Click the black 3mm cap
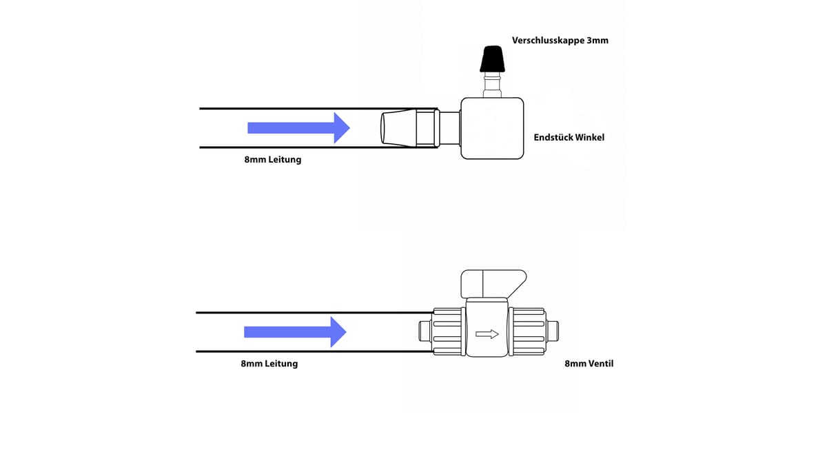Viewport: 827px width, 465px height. [492, 59]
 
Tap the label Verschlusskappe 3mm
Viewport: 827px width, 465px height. [560, 41]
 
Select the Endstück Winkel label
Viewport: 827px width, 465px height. [569, 138]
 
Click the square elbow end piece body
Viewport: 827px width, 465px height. [492, 128]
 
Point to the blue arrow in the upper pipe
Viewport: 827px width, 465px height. [298, 128]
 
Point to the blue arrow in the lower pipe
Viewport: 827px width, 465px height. [295, 332]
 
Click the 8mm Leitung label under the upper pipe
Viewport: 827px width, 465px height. [273, 160]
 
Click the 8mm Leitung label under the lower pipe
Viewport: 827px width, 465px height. [269, 364]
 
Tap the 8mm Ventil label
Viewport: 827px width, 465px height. [589, 364]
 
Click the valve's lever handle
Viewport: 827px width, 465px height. [493, 283]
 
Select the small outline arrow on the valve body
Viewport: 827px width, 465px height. [487, 334]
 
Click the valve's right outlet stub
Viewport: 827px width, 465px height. [552, 331]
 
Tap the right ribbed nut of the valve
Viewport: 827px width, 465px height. [527, 331]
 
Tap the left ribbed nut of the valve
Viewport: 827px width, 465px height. [448, 331]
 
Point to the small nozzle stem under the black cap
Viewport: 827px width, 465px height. [492, 85]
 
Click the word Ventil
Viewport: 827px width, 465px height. [601, 364]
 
